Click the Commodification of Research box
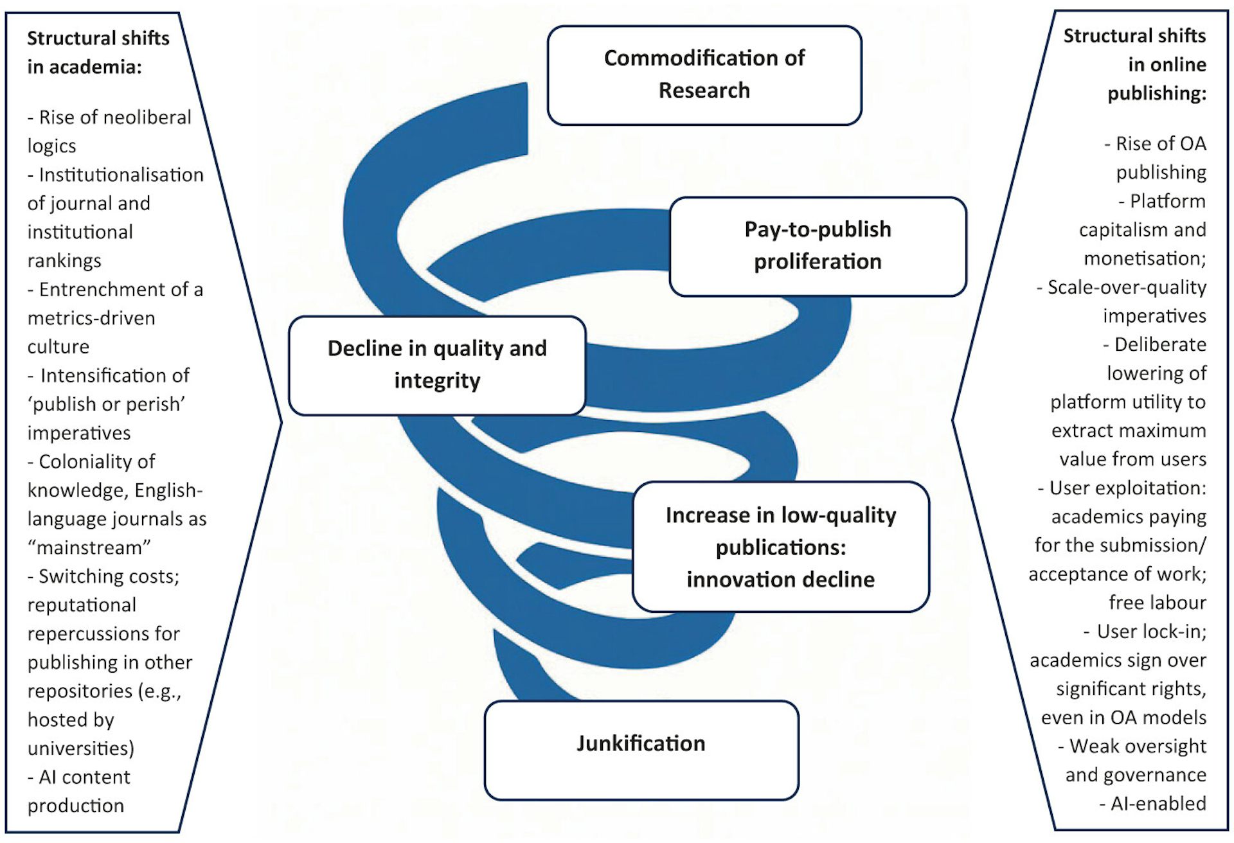(x=704, y=75)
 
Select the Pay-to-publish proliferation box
(x=818, y=246)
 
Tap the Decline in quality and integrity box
(x=437, y=365)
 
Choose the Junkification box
(x=641, y=749)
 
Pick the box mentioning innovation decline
(x=780, y=547)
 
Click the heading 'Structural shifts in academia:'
(x=98, y=52)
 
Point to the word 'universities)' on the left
(x=81, y=749)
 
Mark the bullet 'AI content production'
(x=78, y=791)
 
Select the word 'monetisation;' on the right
(x=1145, y=258)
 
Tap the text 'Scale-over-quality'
(x=1127, y=287)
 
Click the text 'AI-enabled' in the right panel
(x=1158, y=804)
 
